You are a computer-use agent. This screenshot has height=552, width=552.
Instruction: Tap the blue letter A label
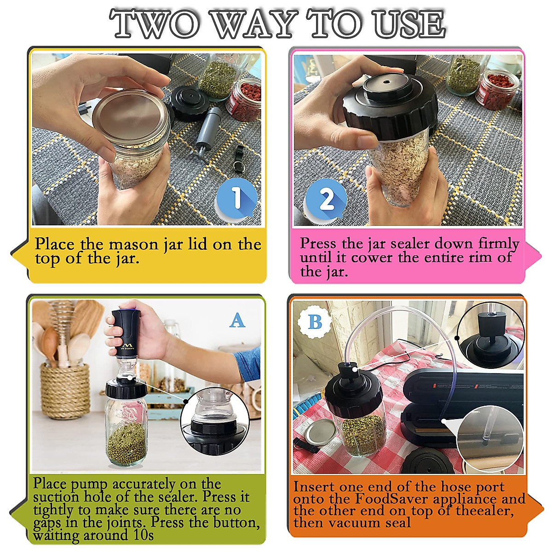(237, 320)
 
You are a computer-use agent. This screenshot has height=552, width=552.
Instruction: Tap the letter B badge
(315, 322)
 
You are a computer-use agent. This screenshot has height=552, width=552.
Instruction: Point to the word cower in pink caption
(372, 258)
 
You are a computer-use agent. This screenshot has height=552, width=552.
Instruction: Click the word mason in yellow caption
(134, 245)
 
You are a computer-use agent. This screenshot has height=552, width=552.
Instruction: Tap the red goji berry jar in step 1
(244, 99)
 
